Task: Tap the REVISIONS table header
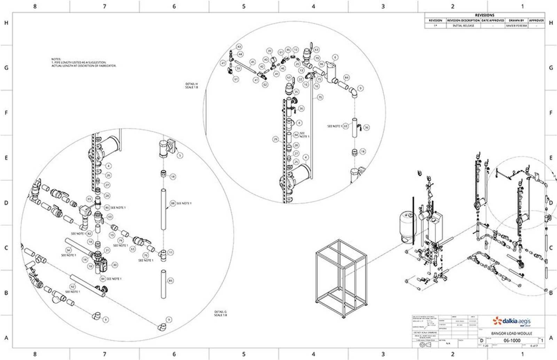(485, 15)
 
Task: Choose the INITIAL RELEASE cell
(463, 26)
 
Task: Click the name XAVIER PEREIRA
(516, 26)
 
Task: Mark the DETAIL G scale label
(221, 313)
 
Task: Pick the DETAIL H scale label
(191, 86)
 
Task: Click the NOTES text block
(84, 63)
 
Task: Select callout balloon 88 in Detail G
(173, 203)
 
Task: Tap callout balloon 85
(171, 280)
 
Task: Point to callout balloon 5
(180, 156)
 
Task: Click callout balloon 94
(68, 250)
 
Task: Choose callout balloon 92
(72, 287)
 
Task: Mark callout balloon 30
(115, 265)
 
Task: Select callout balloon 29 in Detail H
(276, 139)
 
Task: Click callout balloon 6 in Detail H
(335, 57)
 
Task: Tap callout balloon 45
(253, 62)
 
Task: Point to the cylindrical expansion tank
(407, 226)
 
